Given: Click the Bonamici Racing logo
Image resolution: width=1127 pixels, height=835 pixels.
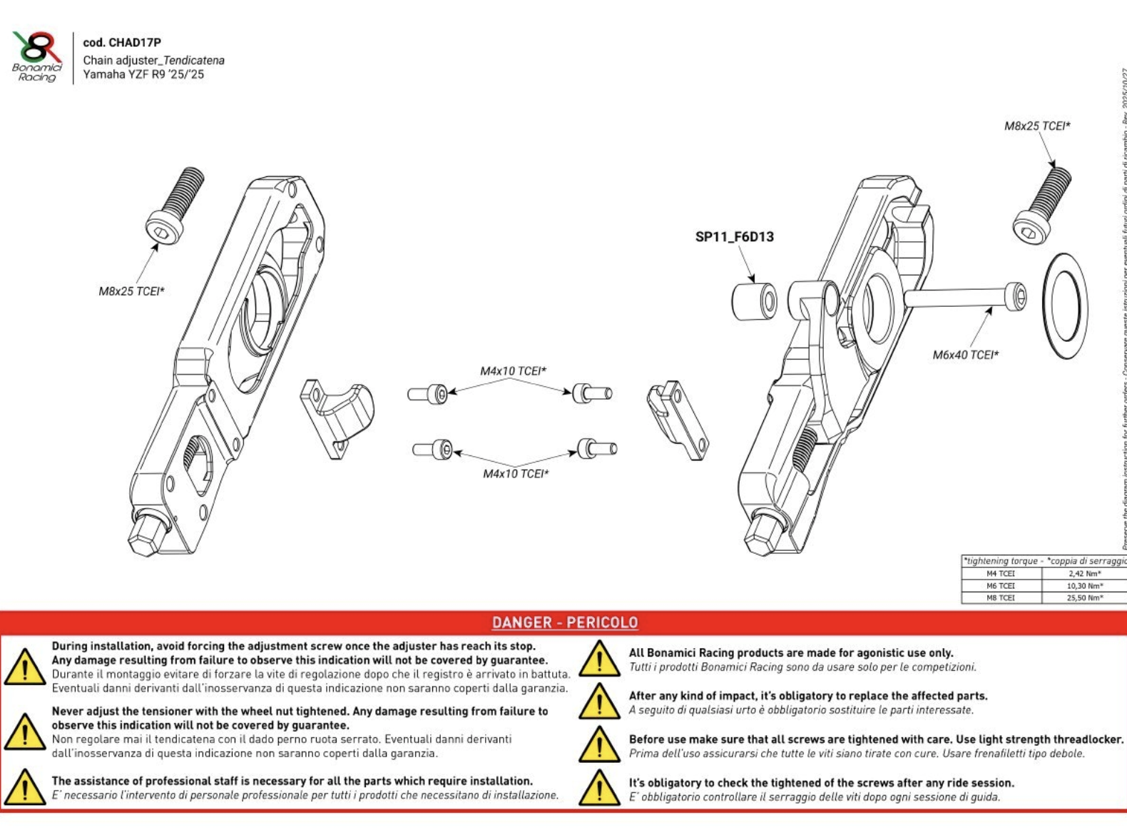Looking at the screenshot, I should coord(37,56).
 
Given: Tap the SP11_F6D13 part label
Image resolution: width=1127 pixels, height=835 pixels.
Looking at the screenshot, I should coord(734,237).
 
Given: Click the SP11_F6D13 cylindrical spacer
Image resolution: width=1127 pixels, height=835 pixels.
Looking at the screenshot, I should coord(755,302).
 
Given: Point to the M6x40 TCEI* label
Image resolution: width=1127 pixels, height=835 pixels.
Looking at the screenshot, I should coord(965,355).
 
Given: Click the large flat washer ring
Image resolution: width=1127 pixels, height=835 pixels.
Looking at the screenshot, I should coord(1065,306).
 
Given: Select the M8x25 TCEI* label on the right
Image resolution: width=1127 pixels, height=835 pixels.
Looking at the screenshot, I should coord(1037,126).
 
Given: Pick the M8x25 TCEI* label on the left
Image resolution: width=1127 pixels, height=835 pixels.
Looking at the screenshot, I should coord(131,291).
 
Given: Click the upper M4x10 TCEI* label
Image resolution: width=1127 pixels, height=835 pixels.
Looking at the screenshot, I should coord(513,371).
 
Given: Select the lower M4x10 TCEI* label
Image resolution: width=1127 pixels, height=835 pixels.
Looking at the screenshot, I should coord(516,474).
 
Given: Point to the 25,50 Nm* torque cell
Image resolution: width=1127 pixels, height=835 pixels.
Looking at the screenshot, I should coord(1085,598).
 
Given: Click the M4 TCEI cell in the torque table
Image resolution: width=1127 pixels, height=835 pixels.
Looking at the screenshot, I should coord(1000,574).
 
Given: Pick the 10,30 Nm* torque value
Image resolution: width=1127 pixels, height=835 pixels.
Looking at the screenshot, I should coord(1085,586).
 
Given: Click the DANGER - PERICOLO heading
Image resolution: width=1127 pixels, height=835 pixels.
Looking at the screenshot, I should coord(564,623).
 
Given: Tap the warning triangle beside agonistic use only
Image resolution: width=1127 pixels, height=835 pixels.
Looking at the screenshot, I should coord(599,659).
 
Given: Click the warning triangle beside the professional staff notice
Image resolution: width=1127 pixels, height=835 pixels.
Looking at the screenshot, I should coord(25,787).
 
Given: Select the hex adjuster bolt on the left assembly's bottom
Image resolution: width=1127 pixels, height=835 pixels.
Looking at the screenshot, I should coord(148,534).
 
